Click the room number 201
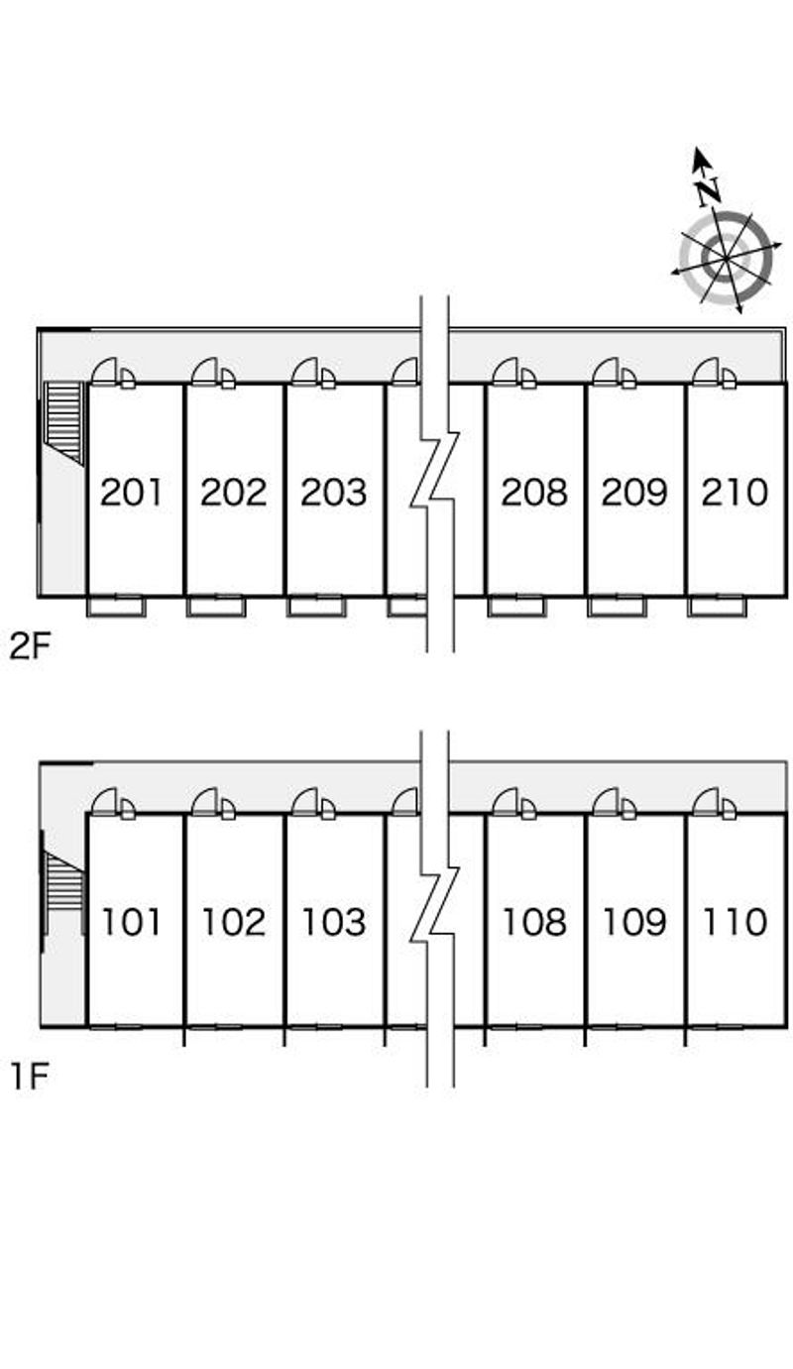pos(132,492)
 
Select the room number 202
pos(233,492)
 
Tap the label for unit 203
pos(334,492)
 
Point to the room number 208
pos(534,492)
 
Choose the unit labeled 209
pos(634,492)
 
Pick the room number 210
pos(735,492)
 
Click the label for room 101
pos(132,922)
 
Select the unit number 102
pos(234,922)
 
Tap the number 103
pos(334,922)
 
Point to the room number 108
pos(534,922)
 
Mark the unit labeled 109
pos(634,922)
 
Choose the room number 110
pos(735,922)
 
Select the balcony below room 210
pos(716,607)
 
